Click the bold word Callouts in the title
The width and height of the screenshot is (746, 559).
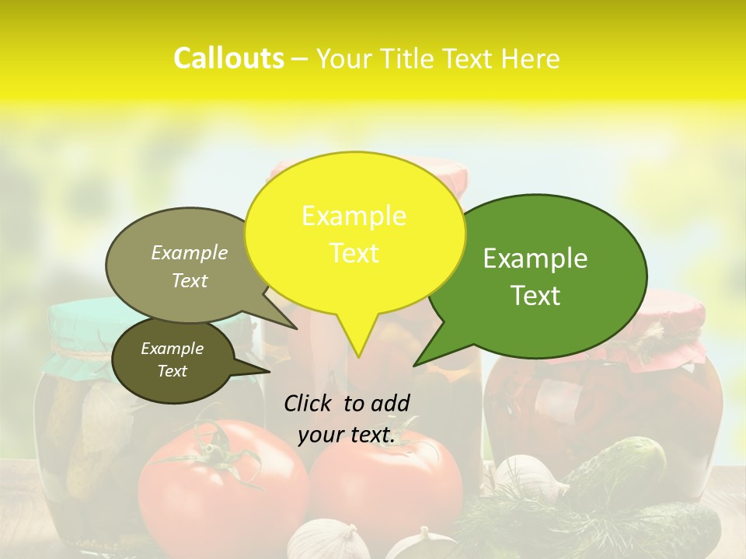pos(228,59)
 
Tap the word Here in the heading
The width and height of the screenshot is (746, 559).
pos(531,59)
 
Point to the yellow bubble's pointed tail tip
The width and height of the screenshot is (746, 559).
pos(358,356)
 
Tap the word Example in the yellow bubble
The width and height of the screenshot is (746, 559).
pos(354,216)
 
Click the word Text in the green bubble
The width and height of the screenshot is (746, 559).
pos(535,296)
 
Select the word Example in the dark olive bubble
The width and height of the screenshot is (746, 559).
pos(173,349)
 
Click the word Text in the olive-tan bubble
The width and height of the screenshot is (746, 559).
pos(190,281)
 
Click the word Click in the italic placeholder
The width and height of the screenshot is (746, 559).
pos(310,403)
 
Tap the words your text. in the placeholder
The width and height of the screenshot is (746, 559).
pos(347,436)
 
